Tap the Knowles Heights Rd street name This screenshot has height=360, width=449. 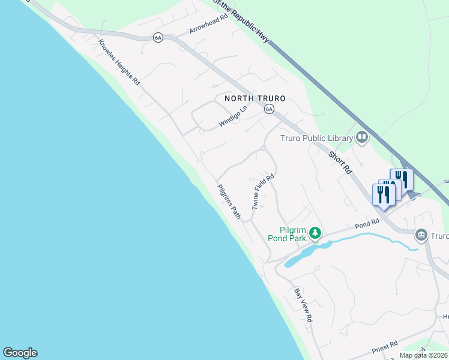pyautogui.click(x=119, y=62)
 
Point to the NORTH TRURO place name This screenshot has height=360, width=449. pyautogui.click(x=255, y=98)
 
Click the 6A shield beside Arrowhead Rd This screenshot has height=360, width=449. pyautogui.click(x=158, y=37)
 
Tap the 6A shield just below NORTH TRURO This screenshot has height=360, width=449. pyautogui.click(x=270, y=109)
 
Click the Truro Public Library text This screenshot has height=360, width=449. pyautogui.click(x=316, y=138)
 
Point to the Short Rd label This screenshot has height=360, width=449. pyautogui.click(x=340, y=162)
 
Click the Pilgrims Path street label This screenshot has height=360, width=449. pyautogui.click(x=229, y=201)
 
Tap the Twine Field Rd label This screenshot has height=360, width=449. pyautogui.click(x=263, y=191)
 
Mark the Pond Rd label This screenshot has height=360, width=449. pyautogui.click(x=367, y=223)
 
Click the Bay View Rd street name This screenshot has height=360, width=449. pyautogui.click(x=303, y=305)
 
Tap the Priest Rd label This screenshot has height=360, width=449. pyautogui.click(x=385, y=346)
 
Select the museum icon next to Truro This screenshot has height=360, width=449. pyautogui.click(x=421, y=235)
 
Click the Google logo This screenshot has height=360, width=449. pyautogui.click(x=20, y=353)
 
